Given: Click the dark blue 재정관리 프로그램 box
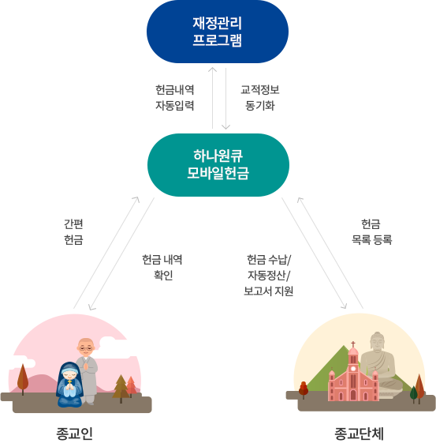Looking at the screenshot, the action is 218,32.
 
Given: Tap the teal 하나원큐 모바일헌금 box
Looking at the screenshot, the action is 218,165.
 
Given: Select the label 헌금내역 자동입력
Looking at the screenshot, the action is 175,97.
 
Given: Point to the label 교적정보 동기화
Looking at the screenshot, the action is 260,97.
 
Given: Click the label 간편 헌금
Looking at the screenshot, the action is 73,231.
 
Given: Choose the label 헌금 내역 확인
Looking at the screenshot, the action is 162,268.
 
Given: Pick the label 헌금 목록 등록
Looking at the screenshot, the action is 371,231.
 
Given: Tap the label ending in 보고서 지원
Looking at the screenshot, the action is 269,276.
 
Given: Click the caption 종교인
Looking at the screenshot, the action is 75,434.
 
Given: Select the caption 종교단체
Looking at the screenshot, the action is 360,434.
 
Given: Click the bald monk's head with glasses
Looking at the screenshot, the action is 86,347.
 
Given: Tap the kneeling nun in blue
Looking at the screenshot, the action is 69,385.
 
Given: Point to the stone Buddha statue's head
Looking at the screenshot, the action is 378,342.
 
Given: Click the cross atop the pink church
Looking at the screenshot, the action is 353,344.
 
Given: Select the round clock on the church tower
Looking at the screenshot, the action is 353,368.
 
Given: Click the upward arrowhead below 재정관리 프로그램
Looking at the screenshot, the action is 213,69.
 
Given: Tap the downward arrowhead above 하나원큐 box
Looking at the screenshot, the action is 226,127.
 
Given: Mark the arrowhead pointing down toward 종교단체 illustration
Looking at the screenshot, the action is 344,306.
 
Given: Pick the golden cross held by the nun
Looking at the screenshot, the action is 69,381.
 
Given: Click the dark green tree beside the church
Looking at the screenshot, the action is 413,394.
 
